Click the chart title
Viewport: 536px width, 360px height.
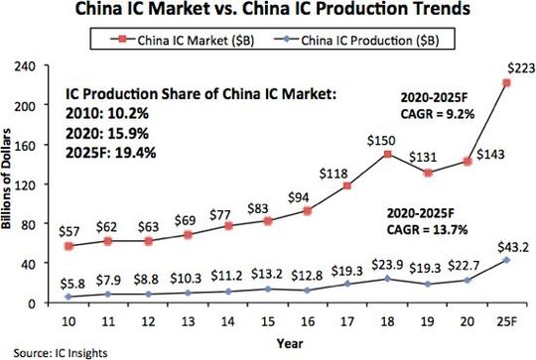click(268, 13)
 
